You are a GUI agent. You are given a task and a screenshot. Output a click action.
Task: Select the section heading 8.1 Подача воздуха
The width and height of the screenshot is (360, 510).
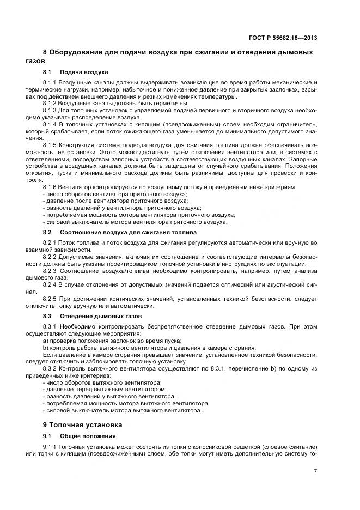pyautogui.click(x=75, y=72)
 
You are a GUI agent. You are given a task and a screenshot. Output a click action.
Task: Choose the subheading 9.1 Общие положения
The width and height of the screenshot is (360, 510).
pyautogui.click(x=79, y=436)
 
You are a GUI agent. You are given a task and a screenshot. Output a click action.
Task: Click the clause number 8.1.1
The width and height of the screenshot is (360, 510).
pyautogui.click(x=50, y=82)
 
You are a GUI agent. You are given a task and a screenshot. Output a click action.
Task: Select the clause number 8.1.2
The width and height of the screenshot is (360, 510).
pyautogui.click(x=50, y=103)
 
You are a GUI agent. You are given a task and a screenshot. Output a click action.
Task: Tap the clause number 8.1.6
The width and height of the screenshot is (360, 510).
pyautogui.click(x=50, y=187)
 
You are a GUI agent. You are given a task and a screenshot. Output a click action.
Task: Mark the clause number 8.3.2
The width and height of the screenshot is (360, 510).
pyautogui.click(x=50, y=368)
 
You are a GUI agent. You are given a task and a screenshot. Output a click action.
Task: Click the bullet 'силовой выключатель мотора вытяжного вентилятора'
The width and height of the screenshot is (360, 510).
pyautogui.click(x=123, y=410)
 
